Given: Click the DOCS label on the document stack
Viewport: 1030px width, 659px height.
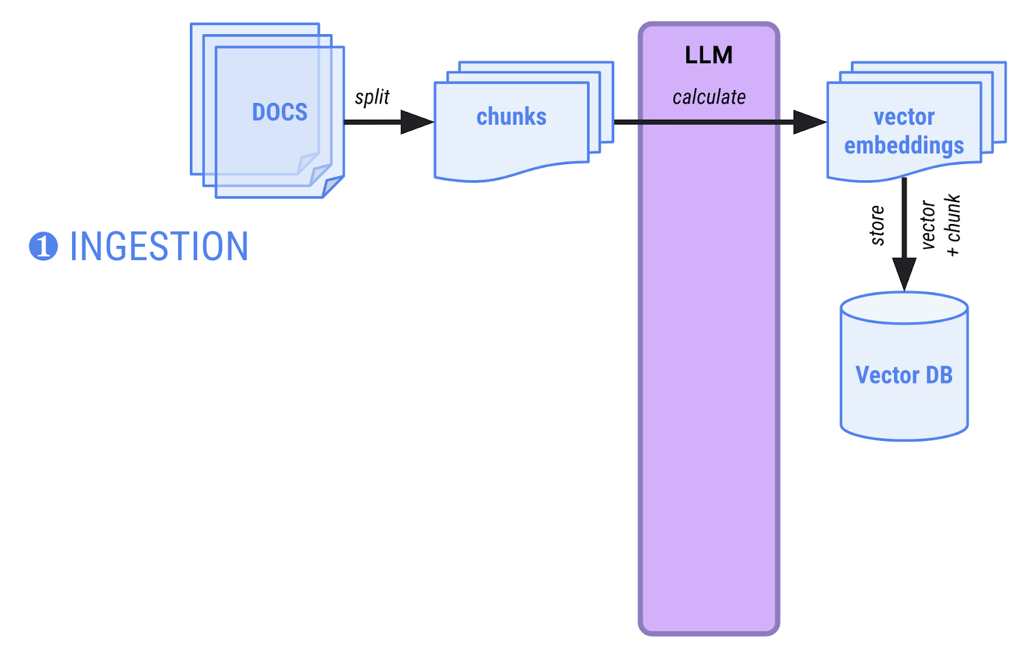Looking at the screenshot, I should coord(279,112).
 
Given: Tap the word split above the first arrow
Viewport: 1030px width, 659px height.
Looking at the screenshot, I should coord(372,97).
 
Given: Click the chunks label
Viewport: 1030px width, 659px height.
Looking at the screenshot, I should coord(511,116).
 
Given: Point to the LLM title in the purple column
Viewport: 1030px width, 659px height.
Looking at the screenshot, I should coord(709,55).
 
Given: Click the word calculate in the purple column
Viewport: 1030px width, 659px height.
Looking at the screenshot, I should coord(709,97).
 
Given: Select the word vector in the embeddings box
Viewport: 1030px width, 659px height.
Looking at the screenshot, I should coord(904,116).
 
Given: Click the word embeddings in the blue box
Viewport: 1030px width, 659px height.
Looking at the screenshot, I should coord(904,146).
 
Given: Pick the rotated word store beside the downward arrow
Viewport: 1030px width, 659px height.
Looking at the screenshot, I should coord(877,225).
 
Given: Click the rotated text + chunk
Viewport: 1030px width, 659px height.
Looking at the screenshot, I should coord(953,225).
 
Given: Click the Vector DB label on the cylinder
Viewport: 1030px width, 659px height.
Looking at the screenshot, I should coord(904,375).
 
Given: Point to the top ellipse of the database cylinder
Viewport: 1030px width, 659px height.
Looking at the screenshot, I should coord(904,308).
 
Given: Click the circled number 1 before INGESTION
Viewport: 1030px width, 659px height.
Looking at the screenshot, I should coord(43,246).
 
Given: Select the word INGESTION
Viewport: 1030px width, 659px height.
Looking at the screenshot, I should coord(158,246).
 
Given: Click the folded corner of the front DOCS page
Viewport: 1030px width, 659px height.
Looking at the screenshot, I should coord(332,186).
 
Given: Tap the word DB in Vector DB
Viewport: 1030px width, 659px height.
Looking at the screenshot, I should coord(939,375).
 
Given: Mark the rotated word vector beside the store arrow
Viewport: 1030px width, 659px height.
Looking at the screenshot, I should coord(928,225).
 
